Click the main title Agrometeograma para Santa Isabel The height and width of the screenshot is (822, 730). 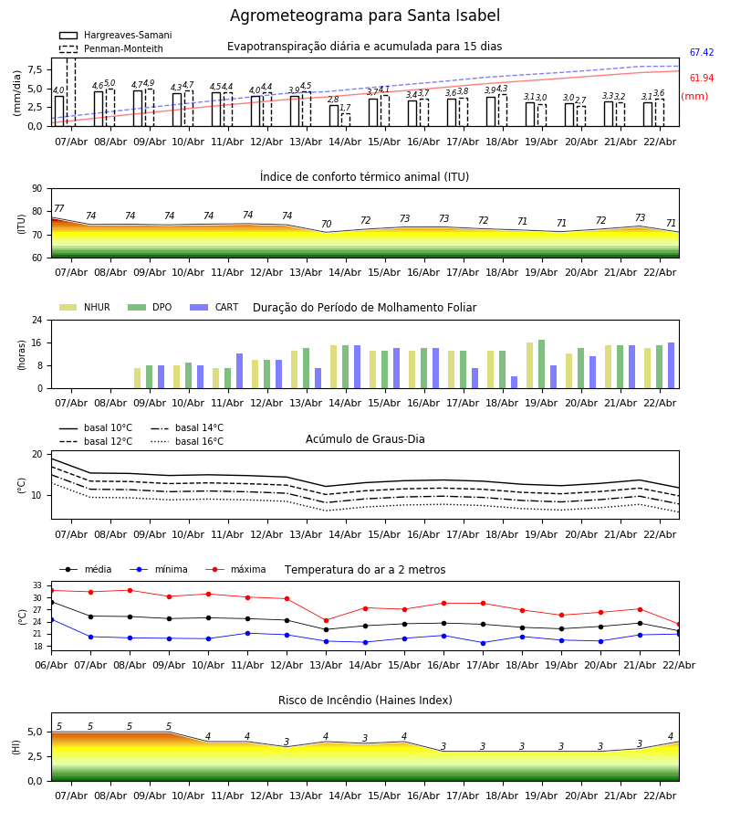point(365,16)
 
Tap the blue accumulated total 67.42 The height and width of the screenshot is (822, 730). point(702,53)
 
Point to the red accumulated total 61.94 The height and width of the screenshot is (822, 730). point(702,79)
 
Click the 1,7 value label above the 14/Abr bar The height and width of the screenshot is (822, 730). point(345,108)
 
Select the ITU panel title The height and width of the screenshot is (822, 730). point(365,177)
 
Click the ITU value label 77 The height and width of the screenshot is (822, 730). point(59,209)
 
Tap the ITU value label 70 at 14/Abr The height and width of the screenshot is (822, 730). point(326,225)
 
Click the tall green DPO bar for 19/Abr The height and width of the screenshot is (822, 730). point(542,364)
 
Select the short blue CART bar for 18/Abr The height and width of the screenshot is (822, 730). point(515,382)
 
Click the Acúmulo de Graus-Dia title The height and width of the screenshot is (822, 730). point(365,439)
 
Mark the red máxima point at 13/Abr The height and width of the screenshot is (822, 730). point(326,620)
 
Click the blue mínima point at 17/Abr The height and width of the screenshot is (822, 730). point(483,643)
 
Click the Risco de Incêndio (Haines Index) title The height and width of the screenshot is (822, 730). point(365,701)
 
